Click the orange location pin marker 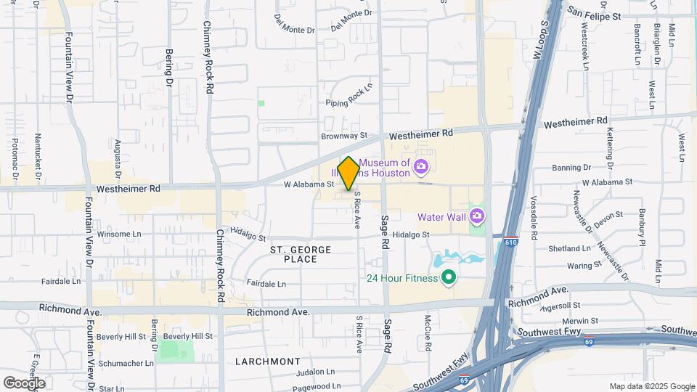(349, 173)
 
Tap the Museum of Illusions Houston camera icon (420, 168)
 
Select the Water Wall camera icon (476, 216)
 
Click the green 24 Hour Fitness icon (449, 277)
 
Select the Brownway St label (345, 136)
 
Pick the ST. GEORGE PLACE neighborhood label (301, 254)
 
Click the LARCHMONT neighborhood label (268, 361)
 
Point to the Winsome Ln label (119, 234)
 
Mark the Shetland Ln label (566, 248)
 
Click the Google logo (24, 383)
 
